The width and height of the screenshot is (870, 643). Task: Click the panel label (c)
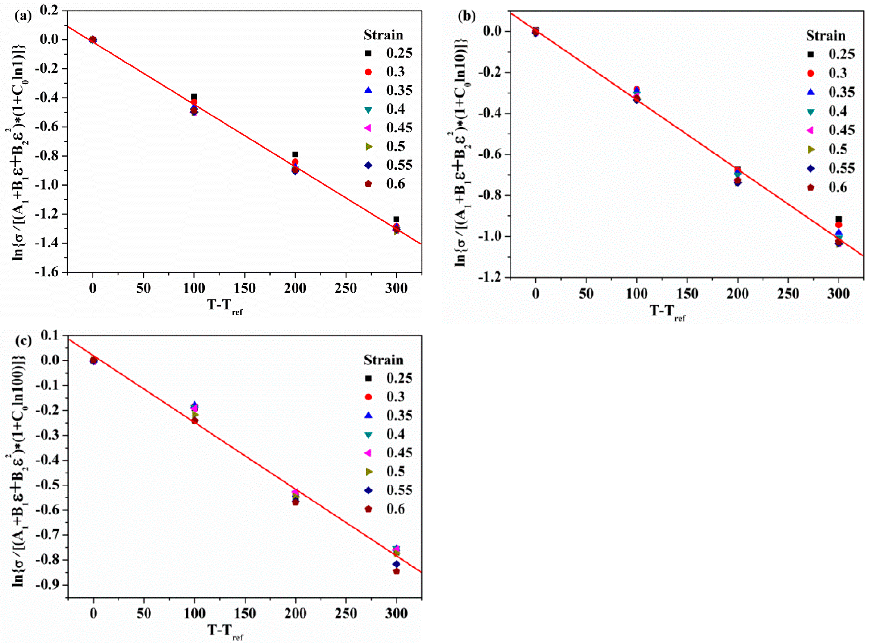coord(23,341)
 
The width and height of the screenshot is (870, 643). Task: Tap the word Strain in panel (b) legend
coord(825,36)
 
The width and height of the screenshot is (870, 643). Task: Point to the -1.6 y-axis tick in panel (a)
coord(46,272)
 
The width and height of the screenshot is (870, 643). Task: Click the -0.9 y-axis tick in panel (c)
coord(46,585)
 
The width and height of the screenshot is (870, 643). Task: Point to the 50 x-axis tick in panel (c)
coord(144,614)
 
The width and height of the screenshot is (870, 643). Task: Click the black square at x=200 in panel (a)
coord(295,154)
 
